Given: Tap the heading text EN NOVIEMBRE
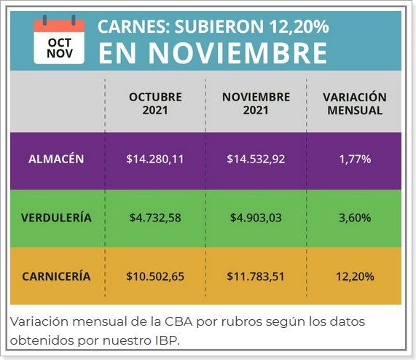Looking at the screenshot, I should click(x=212, y=53).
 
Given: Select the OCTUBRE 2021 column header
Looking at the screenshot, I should click(x=155, y=103).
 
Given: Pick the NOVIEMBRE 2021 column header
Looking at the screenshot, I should click(x=256, y=103).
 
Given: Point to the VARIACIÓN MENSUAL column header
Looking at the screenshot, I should click(x=355, y=103).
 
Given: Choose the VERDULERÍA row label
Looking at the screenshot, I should click(x=56, y=218).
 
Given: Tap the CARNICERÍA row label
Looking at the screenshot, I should click(x=56, y=276).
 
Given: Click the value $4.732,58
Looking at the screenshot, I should click(x=155, y=218).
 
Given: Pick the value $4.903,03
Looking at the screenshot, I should click(x=256, y=218).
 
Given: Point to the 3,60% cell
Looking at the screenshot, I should click(x=355, y=218).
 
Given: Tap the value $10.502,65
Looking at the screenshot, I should click(x=155, y=276).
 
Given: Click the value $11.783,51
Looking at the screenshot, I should click(x=256, y=276).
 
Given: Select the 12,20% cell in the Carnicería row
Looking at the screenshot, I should click(x=355, y=276).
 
